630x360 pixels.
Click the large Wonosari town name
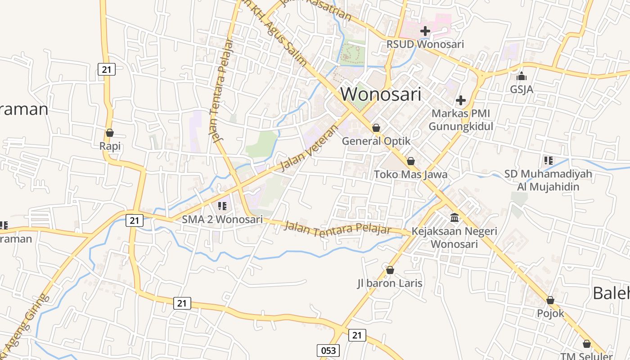(x=381, y=94)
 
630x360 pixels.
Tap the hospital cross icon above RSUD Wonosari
(x=425, y=31)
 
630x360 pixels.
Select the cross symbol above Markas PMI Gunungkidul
(x=460, y=100)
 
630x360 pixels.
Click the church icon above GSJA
(x=522, y=76)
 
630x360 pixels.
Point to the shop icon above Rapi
(x=109, y=133)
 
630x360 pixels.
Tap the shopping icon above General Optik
(x=376, y=128)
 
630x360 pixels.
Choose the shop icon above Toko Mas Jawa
(x=410, y=161)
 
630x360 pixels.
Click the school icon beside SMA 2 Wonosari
(x=222, y=206)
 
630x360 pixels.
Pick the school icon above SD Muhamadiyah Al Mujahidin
(x=548, y=160)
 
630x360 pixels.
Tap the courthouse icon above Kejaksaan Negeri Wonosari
(x=454, y=218)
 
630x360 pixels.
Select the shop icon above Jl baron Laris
(x=390, y=270)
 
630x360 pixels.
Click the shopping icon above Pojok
(x=550, y=300)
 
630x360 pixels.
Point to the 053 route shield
(x=328, y=351)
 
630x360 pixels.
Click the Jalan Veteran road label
(x=308, y=148)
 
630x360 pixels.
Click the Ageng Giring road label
(x=25, y=322)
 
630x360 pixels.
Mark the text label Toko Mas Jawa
(x=410, y=174)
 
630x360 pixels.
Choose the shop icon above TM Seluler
(x=586, y=344)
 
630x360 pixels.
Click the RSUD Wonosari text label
(x=425, y=44)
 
